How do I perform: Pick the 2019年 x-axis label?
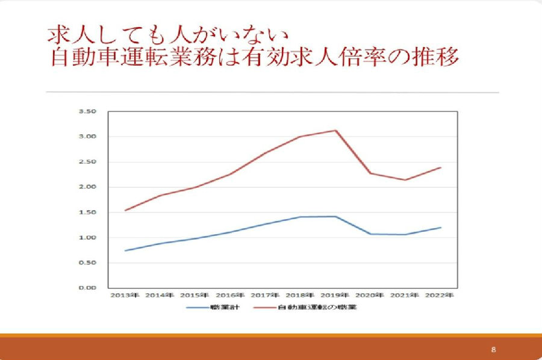pos(334,296)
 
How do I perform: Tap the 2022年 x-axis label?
pos(440,296)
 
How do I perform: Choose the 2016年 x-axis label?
pos(229,296)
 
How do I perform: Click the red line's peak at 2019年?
pos(335,130)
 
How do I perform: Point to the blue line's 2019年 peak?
pos(335,216)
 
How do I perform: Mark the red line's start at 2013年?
pos(125,210)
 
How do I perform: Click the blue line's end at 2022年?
pos(441,228)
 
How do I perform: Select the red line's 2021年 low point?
pos(406,179)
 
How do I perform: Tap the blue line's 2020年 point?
pos(370,234)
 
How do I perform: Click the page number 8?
pos(493,349)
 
